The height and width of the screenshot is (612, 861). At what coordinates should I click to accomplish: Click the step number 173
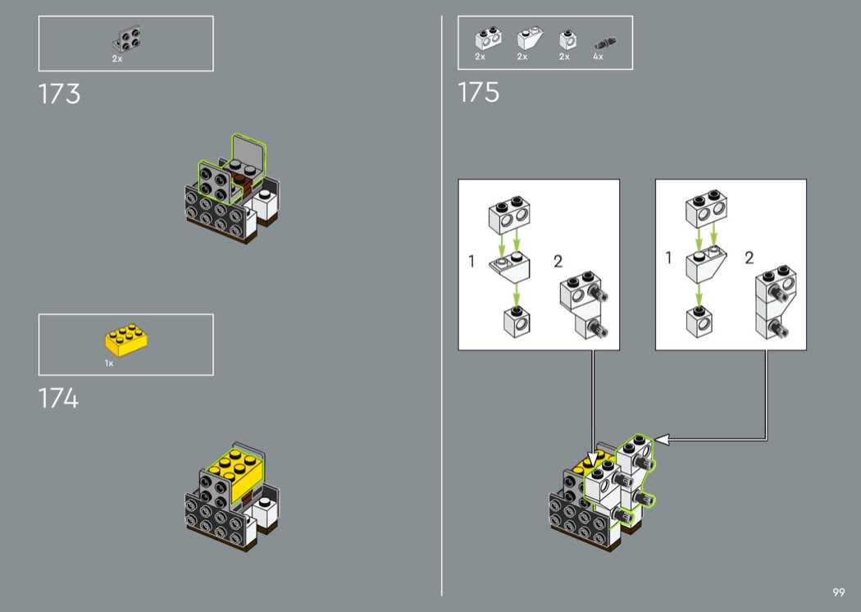click(59, 94)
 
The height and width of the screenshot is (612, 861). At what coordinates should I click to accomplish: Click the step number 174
click(59, 399)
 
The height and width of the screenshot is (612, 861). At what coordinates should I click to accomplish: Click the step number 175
click(478, 93)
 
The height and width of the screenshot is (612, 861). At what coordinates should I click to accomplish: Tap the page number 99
click(839, 592)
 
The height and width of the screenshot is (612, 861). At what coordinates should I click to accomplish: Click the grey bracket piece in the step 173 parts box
click(127, 38)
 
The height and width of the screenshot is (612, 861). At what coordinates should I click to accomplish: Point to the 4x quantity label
click(598, 57)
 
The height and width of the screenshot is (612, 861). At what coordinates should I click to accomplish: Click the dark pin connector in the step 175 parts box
click(605, 43)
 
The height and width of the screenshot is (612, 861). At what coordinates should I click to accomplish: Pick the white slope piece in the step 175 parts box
click(530, 38)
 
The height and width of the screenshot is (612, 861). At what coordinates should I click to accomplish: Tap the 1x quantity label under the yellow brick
click(109, 363)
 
